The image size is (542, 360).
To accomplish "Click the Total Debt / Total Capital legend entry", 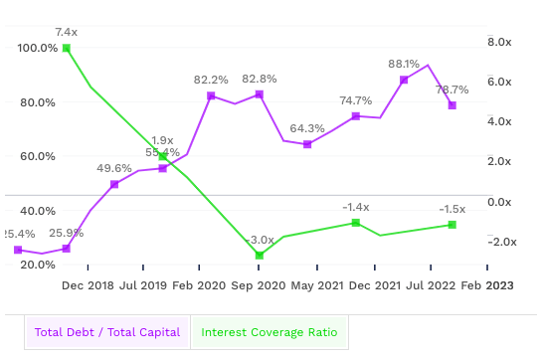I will point(107,332).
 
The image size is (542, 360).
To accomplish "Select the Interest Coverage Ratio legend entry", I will point(269,332).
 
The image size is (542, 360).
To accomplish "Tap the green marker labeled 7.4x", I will point(67,48).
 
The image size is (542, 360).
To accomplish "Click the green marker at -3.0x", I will point(260,256).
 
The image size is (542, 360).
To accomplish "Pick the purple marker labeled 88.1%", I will point(404,80).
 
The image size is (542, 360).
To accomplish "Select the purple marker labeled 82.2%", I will point(211,95).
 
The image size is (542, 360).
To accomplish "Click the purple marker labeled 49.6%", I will point(114,184).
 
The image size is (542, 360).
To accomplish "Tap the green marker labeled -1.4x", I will point(356,223).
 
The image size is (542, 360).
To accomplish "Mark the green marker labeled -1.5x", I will point(452,225).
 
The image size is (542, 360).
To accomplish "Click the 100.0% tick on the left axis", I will point(37,48).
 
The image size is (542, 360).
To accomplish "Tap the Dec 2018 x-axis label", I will point(88,285).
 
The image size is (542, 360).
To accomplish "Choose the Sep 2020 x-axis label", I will point(260,285).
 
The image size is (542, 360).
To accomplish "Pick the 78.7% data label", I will point(452,90).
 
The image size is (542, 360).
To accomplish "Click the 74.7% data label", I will point(356,100).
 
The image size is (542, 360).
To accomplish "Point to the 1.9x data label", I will point(163,140).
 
